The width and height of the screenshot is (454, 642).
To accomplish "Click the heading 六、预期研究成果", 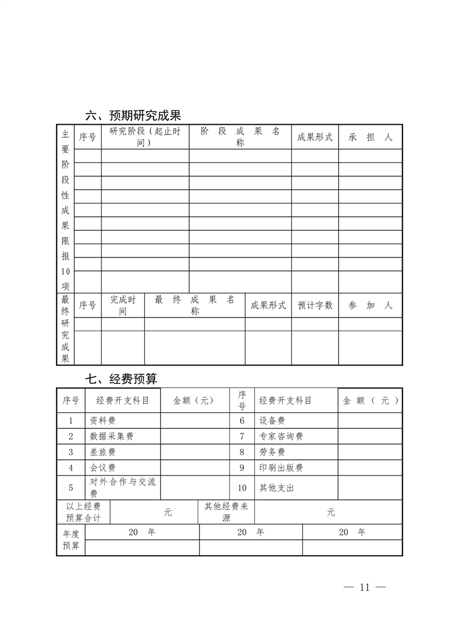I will tap(133, 115).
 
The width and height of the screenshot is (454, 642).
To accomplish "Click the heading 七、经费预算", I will tap(121, 379).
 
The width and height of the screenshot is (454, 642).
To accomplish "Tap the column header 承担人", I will tap(370, 137).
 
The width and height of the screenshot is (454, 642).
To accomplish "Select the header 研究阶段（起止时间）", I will tap(144, 137).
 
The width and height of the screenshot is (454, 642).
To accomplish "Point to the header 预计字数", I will tap(315, 306).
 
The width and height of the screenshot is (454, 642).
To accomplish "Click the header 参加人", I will tap(370, 306).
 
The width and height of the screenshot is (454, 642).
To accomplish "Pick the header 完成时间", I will tap(123, 306).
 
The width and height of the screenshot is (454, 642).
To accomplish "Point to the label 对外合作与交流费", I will tap(123, 488).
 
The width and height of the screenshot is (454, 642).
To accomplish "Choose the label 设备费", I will tap(272, 421).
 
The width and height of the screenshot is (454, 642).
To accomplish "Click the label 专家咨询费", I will tap(281, 436).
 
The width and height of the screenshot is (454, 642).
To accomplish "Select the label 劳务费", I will tap(272, 452).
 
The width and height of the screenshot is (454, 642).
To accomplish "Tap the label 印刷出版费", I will tap(281, 467).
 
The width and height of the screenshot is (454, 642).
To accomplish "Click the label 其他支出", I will tap(277, 488).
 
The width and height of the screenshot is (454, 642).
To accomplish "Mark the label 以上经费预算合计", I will tap(84, 512).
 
